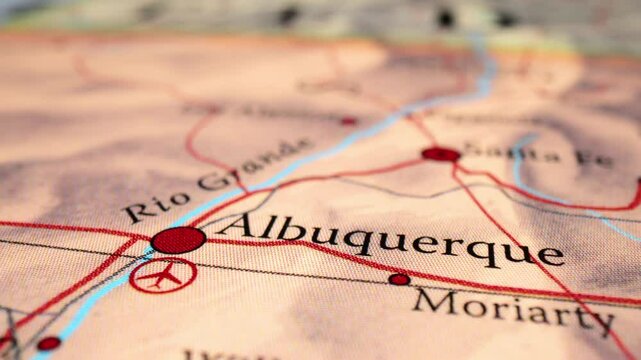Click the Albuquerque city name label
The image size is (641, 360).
390,240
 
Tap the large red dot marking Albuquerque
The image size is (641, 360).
178,239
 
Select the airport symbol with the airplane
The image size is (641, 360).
162,274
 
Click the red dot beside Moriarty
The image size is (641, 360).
399,279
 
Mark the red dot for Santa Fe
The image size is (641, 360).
440,154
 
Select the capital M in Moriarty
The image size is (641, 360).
433,298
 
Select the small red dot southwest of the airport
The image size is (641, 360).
48,343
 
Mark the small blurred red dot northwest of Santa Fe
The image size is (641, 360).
348,121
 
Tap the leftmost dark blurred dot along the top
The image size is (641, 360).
289,16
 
